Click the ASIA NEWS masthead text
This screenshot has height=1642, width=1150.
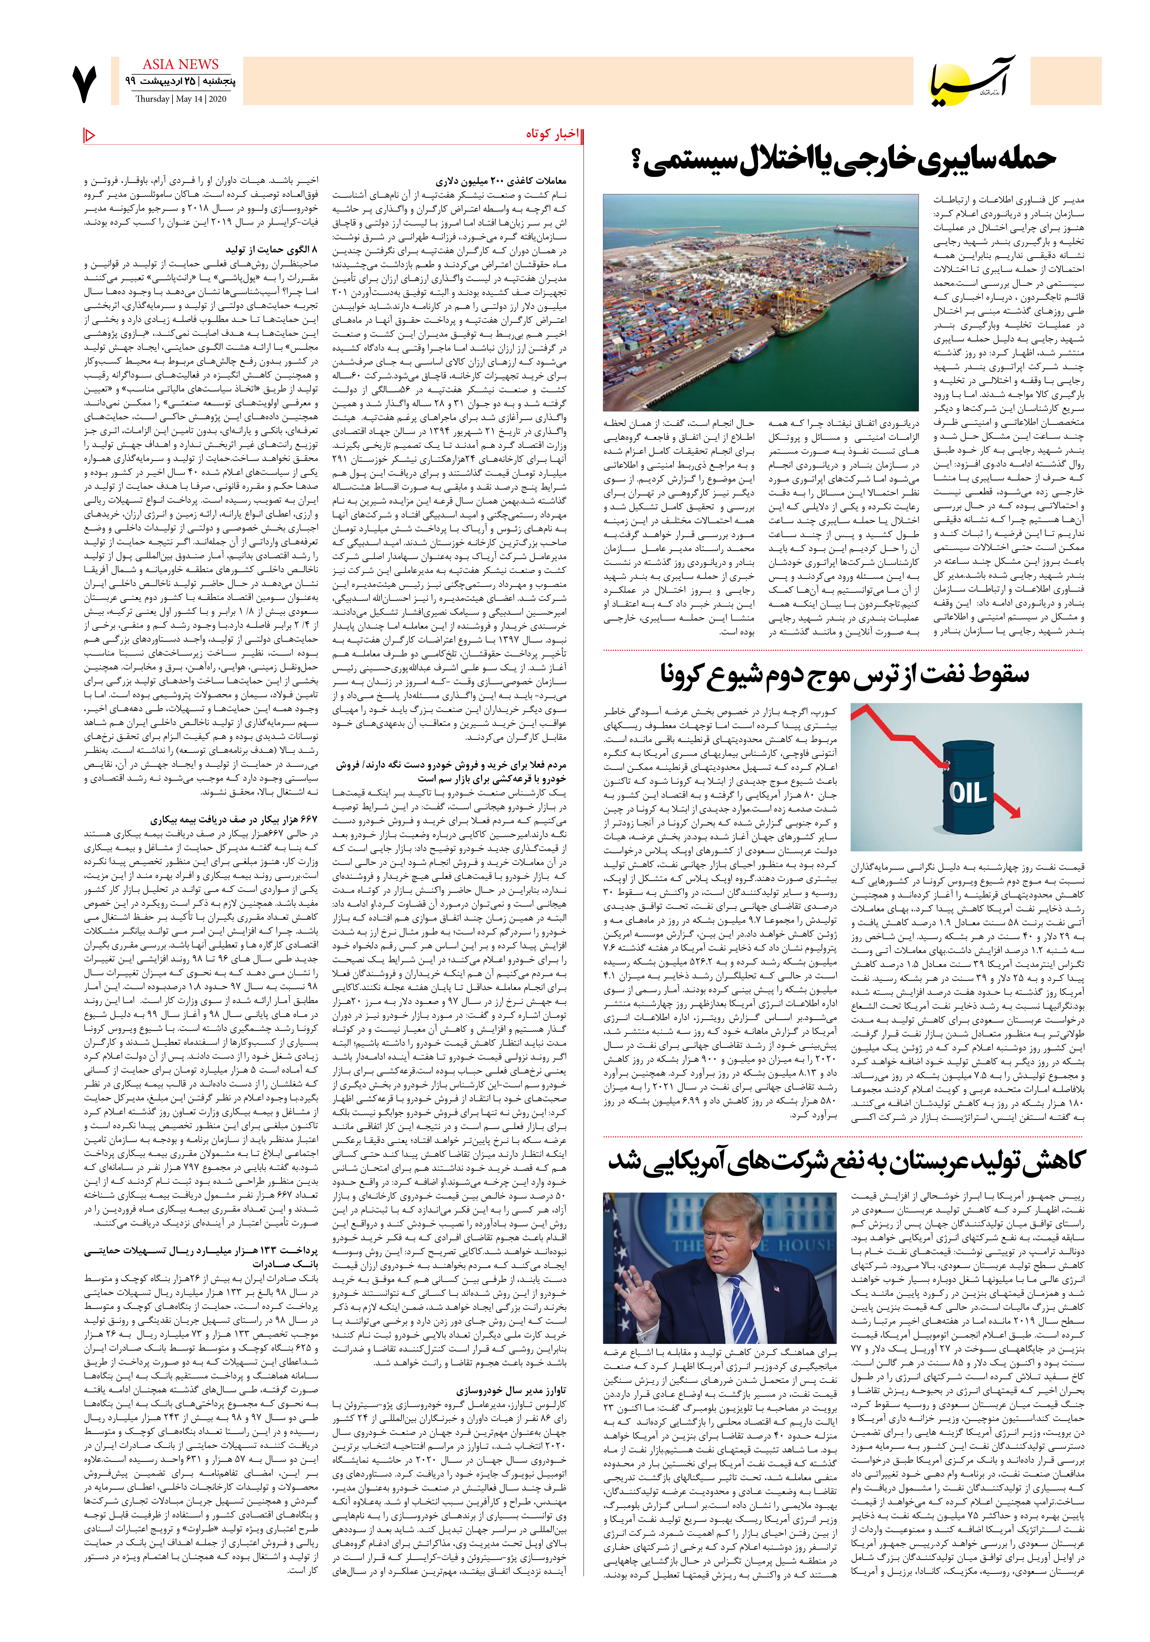[x=180, y=65]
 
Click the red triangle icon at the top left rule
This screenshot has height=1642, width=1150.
[x=90, y=135]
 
